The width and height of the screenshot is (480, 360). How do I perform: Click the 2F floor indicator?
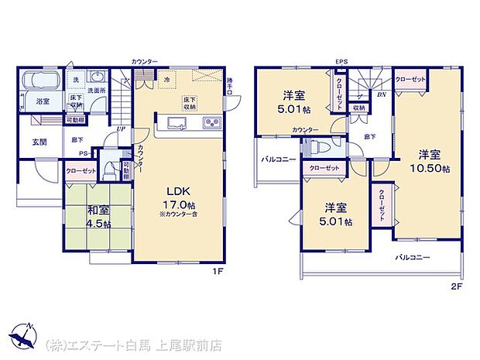pos(456,285)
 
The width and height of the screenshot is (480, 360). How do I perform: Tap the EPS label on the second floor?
pos(341,61)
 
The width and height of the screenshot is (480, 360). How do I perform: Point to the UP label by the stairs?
pos(120,129)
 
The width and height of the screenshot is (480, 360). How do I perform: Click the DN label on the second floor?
pos(380,94)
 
